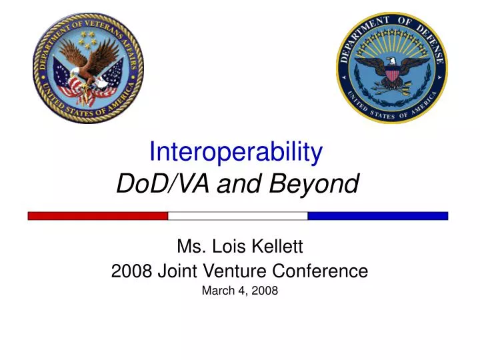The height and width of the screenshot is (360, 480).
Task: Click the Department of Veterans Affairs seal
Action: pos(88,67)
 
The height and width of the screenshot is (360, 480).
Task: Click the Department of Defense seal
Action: pos(391,67)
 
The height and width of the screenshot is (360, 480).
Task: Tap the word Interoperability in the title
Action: pos(236,153)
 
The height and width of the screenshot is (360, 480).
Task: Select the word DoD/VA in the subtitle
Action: pos(151,183)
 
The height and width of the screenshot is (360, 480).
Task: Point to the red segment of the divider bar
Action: pos(97,215)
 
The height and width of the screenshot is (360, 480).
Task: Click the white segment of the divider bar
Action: pos(237,215)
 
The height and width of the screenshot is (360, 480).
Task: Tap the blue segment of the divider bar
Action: pos(377,215)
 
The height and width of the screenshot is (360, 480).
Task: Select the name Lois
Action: pos(225,247)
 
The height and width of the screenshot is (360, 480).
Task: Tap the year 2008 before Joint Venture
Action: pos(128,271)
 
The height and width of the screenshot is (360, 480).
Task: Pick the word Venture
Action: pos(250,271)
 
